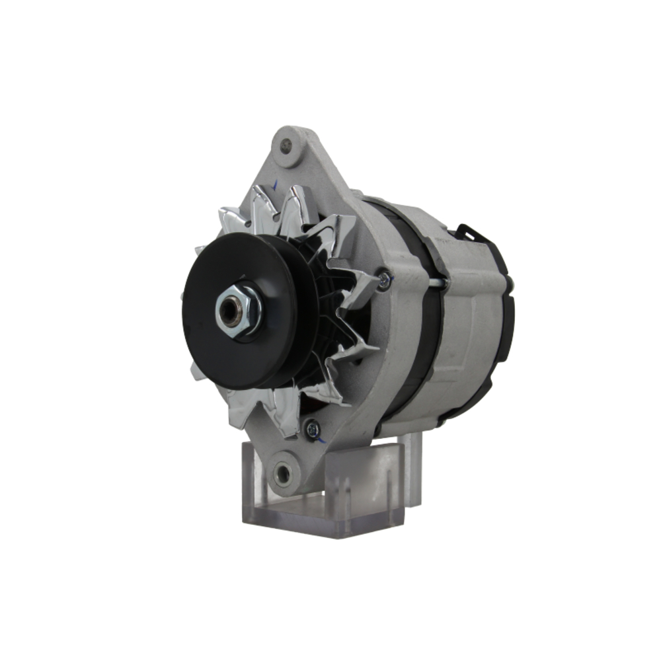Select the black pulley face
click(205, 344)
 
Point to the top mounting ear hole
click(286, 145)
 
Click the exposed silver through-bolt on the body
click(436, 283)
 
